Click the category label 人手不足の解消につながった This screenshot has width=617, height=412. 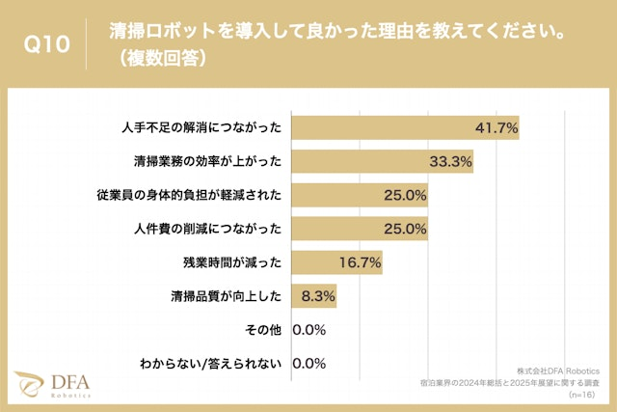pos(202,127)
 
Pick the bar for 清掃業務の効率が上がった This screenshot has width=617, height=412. pos(382,161)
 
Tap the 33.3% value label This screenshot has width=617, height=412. pos(450,161)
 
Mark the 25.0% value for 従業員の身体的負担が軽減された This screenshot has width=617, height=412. pos(405,195)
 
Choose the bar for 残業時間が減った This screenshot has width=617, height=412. pos(336,262)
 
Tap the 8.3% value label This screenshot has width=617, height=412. pos(317,296)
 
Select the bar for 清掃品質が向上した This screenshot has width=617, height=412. pos(313,296)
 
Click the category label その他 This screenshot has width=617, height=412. pos(263,330)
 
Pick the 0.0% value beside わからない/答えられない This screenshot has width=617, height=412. pos(308,364)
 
